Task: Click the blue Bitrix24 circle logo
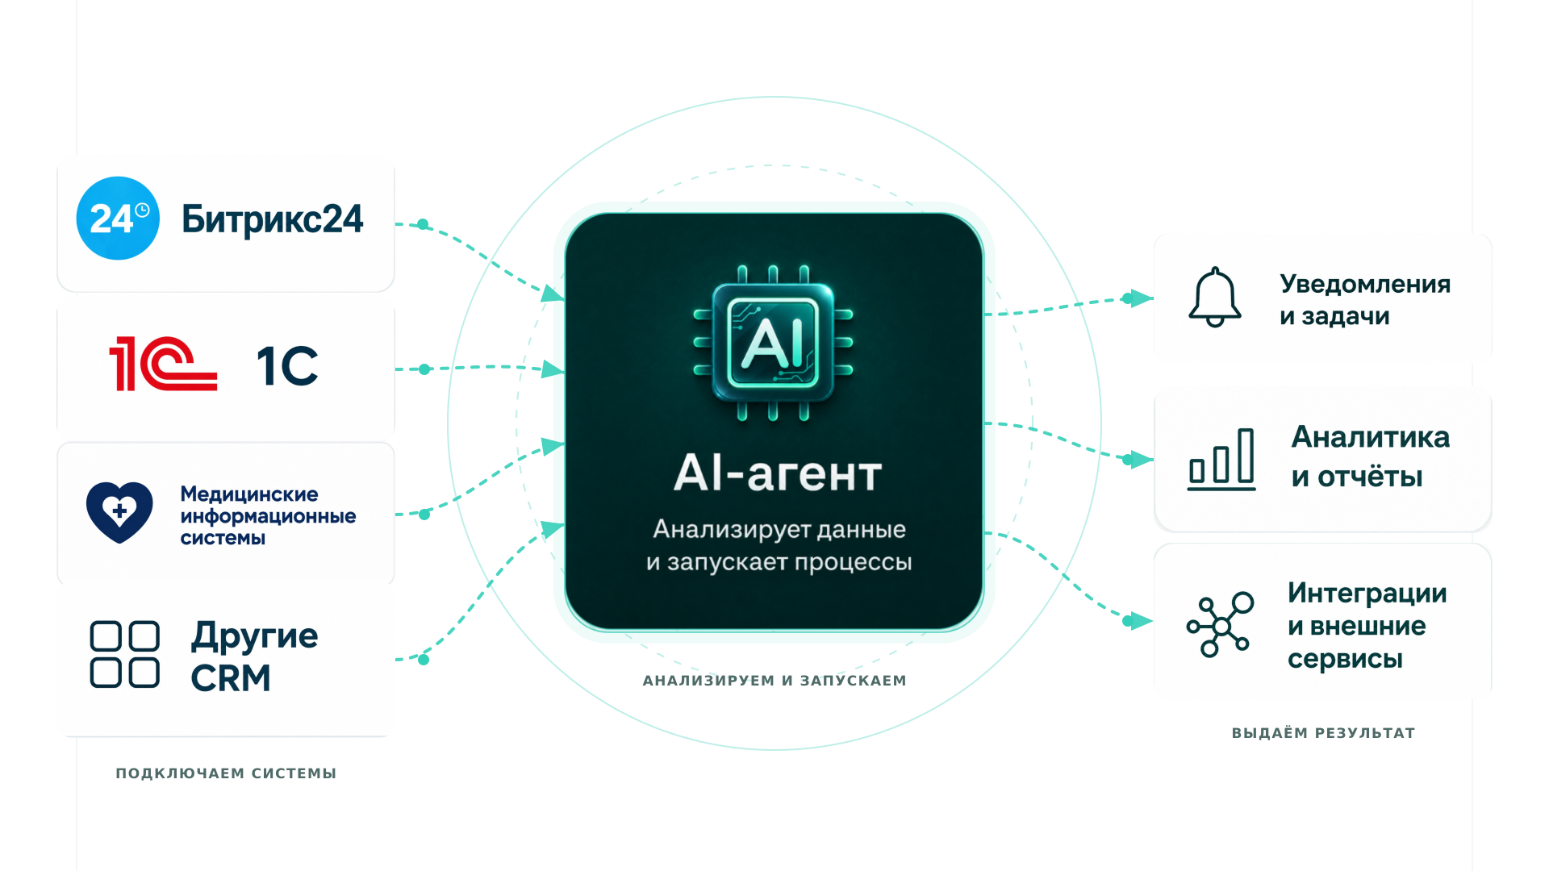coord(118,219)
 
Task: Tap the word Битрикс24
coord(273,219)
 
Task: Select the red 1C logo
coord(163,364)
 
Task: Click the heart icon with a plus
coord(119,512)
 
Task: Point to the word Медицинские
coord(249,494)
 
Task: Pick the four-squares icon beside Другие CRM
coord(124,654)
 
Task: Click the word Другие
coord(255,637)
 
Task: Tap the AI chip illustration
coord(773,343)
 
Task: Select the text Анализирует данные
coord(779,530)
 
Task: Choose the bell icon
coord(1214,298)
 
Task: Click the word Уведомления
coord(1365,284)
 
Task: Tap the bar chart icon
coord(1221,459)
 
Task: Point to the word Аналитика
coord(1371,437)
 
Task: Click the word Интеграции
coord(1367,593)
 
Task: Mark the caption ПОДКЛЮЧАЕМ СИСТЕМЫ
coord(226,773)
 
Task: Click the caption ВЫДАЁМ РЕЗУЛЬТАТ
coord(1323,733)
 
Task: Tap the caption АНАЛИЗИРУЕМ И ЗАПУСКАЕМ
coord(774,681)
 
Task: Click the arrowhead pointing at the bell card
coord(1142,298)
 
